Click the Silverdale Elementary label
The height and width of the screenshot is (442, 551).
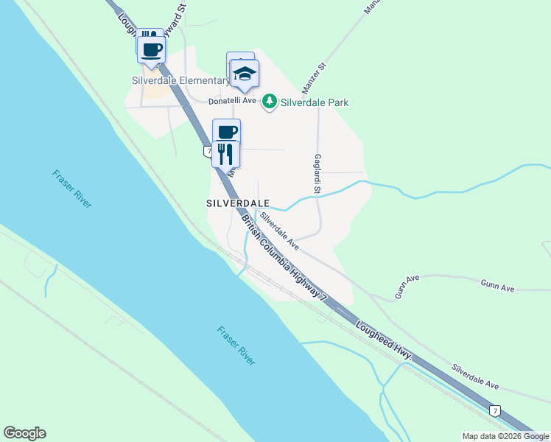coord(181,80)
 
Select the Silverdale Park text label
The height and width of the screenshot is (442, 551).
coord(315,103)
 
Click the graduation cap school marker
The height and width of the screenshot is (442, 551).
coord(245,74)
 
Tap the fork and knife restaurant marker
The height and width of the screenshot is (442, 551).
coord(225,154)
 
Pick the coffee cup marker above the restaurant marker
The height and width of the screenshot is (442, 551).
coord(227,133)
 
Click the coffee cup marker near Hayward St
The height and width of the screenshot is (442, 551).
coord(152,50)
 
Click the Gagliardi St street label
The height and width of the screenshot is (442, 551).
coord(317,174)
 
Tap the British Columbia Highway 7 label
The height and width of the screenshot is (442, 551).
coord(284,257)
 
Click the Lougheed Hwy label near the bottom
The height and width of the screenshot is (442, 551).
coord(383,343)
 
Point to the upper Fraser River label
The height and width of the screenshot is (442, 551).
coord(72,189)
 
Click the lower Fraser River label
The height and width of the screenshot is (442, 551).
coord(236,345)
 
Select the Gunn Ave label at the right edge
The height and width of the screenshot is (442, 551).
coord(497,286)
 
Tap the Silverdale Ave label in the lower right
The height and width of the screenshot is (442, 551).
coord(475,376)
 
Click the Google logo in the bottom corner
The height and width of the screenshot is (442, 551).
coord(24,433)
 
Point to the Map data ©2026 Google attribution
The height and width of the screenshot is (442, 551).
coord(505,436)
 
